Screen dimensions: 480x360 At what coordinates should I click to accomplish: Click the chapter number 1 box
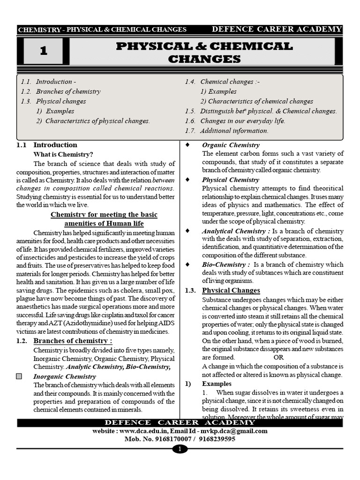43,52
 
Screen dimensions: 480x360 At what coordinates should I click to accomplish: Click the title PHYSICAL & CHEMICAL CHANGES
204,52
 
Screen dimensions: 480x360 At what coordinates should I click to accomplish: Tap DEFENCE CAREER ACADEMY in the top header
277,30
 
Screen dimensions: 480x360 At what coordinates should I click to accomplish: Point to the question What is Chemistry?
63,154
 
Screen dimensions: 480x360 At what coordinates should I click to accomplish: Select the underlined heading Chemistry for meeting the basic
104,215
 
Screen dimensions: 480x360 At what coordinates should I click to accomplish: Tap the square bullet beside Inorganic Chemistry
19,376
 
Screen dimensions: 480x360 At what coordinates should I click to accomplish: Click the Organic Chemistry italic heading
231,145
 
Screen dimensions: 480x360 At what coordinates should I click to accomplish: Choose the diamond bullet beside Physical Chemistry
187,180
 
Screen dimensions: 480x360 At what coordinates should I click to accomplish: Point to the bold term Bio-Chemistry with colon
226,264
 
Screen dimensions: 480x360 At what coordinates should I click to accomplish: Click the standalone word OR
279,357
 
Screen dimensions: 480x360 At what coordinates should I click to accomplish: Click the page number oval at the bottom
180,450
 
